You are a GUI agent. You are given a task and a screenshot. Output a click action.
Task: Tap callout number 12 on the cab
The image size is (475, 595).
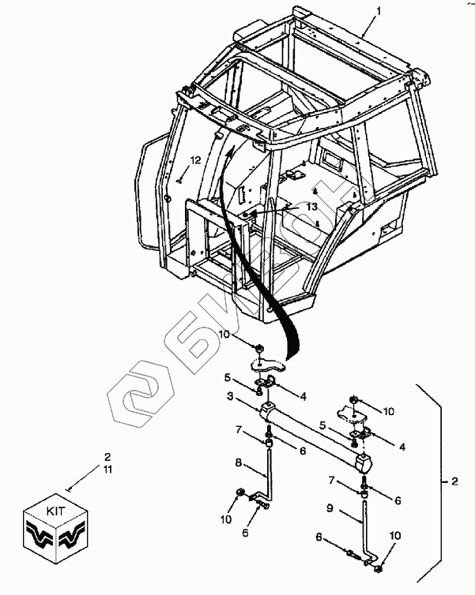[x=194, y=160]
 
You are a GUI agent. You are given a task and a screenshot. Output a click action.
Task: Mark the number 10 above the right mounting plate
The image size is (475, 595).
[x=387, y=411]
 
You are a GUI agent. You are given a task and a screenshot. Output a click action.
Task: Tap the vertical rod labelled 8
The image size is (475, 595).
[x=269, y=473]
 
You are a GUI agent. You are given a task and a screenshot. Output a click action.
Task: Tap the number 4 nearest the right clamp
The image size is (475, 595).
[x=402, y=447]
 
